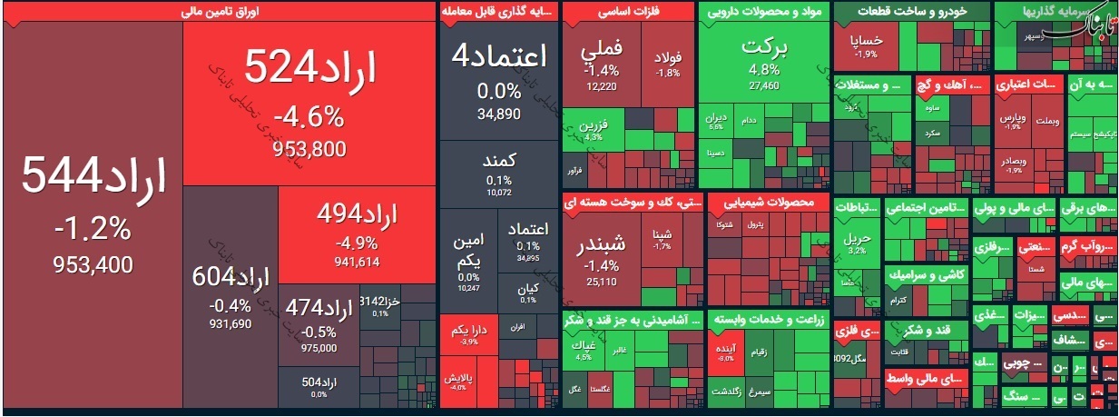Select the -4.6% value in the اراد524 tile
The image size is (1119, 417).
[x=309, y=117]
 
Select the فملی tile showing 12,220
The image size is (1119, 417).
[x=601, y=59]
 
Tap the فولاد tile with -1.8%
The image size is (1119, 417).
[x=668, y=64]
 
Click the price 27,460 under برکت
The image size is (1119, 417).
[x=764, y=86]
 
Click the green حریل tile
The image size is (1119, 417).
[x=856, y=242]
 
